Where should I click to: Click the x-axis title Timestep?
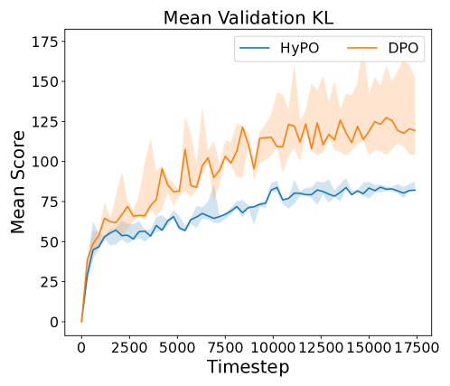tap(247, 367)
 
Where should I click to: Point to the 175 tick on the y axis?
tap(46, 42)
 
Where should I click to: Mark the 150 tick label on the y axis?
tap(46, 81)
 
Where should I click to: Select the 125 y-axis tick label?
tap(46, 121)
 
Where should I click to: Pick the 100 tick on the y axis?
tap(46, 161)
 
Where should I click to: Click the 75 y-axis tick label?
tap(51, 202)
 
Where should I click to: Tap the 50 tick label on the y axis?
tap(51, 241)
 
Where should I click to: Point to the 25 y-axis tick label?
tap(51, 281)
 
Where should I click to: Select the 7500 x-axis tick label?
tap(225, 344)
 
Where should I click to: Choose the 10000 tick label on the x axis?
tap(273, 344)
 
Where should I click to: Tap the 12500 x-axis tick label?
tap(321, 344)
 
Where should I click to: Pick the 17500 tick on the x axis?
tap(417, 344)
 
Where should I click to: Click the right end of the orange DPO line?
tap(415, 131)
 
